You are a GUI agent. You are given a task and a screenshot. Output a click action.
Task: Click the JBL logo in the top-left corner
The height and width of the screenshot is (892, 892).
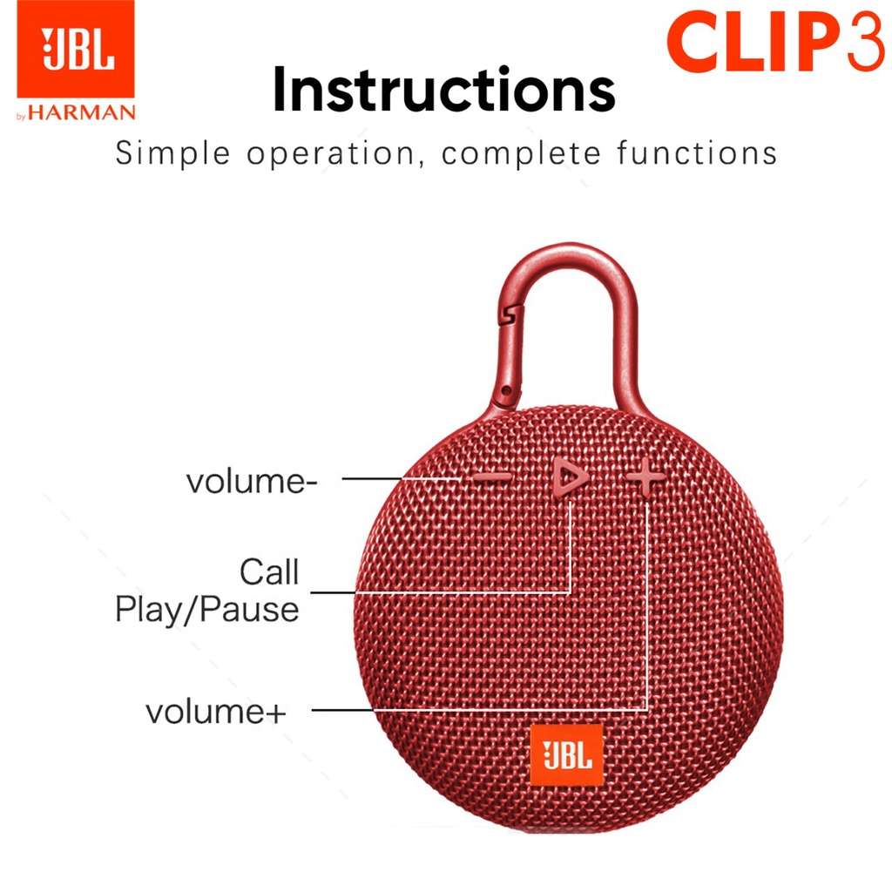[76, 49]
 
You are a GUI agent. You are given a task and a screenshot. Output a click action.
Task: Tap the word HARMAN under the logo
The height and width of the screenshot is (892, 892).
[82, 112]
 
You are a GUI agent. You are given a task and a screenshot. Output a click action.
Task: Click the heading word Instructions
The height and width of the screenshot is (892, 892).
[443, 90]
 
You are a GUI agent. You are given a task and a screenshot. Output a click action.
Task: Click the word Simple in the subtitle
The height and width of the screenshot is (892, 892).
[172, 154]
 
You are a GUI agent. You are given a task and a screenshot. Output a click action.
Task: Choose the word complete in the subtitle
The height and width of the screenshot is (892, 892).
[521, 154]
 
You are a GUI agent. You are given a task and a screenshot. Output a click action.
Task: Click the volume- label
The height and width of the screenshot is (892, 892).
[252, 481]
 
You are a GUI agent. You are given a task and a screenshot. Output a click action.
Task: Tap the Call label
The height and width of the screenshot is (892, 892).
[269, 571]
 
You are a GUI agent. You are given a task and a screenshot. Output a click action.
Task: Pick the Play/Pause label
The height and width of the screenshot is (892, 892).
[207, 610]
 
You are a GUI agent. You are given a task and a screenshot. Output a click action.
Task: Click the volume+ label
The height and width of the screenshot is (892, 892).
[216, 712]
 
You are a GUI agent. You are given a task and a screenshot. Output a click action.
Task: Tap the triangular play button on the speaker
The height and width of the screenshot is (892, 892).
[568, 475]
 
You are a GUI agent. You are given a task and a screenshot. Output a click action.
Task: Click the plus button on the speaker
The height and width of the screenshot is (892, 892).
[645, 476]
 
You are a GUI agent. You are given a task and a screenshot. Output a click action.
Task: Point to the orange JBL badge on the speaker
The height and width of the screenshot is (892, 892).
[566, 755]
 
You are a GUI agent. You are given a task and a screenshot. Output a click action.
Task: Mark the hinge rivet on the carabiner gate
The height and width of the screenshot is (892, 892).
[506, 391]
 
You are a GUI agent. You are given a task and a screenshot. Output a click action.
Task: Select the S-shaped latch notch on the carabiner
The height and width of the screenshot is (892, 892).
[510, 314]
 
